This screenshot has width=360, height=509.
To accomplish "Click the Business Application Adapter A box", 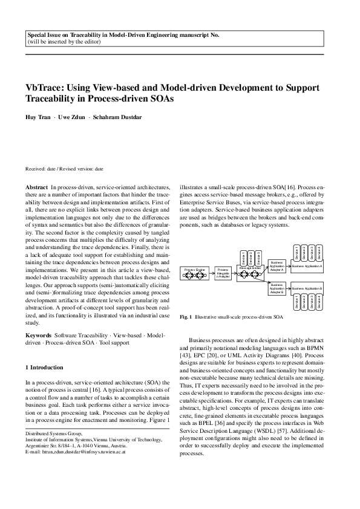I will point(277,265).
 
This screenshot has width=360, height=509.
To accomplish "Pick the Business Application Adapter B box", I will point(277,288).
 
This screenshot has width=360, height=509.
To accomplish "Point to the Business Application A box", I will point(309,265).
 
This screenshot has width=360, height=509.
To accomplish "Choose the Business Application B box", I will point(309,290).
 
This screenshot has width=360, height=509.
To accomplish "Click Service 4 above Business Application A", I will point(320,253).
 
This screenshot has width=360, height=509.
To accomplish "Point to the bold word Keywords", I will point(39,334).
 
